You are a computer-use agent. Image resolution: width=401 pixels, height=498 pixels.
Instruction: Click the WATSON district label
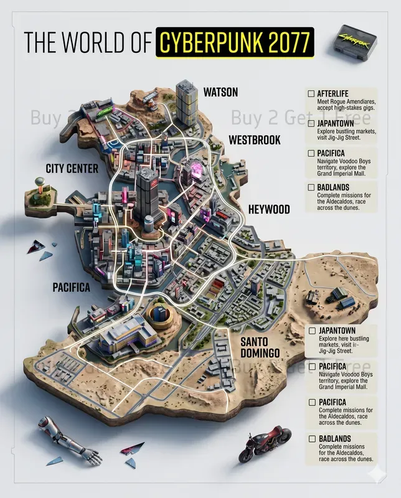tap(220, 92)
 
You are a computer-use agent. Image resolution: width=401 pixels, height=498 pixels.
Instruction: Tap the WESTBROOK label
tap(255, 139)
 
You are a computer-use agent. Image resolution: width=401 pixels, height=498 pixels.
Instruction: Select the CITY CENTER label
tap(71, 168)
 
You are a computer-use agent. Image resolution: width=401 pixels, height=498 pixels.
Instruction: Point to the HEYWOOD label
tap(268, 209)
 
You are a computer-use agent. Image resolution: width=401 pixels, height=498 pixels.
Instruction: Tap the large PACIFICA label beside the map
tap(72, 287)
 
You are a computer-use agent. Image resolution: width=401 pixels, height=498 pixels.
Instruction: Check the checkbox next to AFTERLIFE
tap(311, 93)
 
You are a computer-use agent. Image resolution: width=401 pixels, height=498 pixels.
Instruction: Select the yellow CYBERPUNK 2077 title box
tap(235, 42)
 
